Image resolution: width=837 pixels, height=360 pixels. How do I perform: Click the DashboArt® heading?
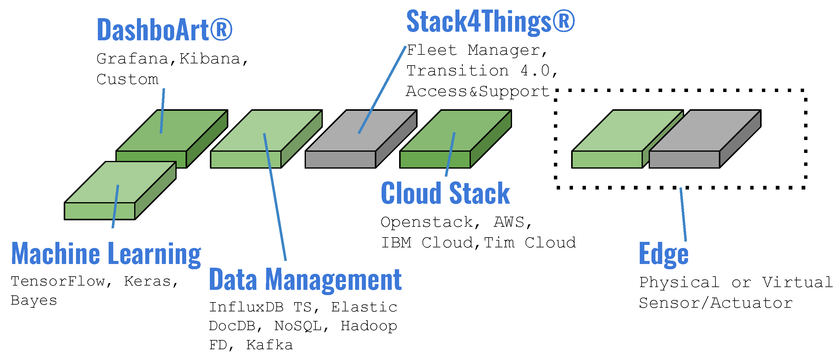pos(165,30)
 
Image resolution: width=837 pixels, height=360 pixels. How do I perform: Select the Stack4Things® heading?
pos(491,22)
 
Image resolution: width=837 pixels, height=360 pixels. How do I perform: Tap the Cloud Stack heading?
pos(445,193)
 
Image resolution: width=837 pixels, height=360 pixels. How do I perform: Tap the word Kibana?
pos(210,59)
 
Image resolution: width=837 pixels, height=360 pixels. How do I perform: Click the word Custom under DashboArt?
pos(128,79)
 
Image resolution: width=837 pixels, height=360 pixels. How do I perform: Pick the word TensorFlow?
pos(58,281)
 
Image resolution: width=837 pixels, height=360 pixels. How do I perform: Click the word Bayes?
pos(34,301)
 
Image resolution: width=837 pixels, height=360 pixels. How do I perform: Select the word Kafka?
pos(269,345)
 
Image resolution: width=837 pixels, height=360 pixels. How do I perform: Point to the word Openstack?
pos(427,222)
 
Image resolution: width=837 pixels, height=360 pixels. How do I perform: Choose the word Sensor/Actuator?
pos(716,303)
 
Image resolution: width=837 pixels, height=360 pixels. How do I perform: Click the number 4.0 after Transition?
pos(535,70)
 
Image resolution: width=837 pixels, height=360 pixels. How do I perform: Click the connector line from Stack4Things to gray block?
pos(382,90)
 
